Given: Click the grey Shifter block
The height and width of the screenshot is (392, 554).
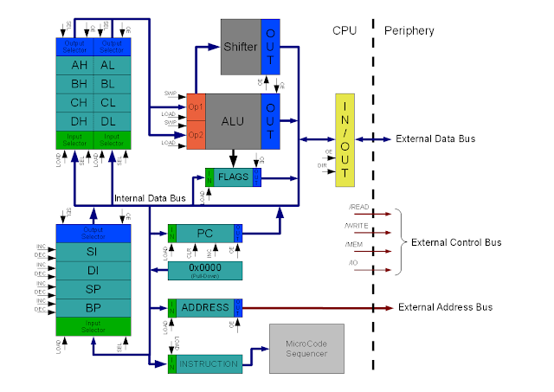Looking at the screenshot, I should pyautogui.click(x=240, y=47).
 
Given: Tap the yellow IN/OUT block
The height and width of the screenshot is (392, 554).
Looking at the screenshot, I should pyautogui.click(x=346, y=138).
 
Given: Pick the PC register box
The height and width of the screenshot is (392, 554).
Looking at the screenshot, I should pyautogui.click(x=205, y=234).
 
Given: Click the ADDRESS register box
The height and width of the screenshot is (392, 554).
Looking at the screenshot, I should pyautogui.click(x=205, y=308).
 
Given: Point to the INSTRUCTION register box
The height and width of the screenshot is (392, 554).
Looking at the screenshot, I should pyautogui.click(x=208, y=363).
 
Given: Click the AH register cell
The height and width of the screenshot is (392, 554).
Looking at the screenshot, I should pyautogui.click(x=80, y=65).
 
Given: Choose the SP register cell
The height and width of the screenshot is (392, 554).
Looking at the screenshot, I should pyautogui.click(x=92, y=289).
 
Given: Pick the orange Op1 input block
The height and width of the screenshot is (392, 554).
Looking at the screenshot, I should pyautogui.click(x=195, y=106).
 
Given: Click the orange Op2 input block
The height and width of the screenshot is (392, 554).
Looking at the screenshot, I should pyautogui.click(x=195, y=137).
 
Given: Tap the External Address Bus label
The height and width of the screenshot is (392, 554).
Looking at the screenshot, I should pyautogui.click(x=445, y=308).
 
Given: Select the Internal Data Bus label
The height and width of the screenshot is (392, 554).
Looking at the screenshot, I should pyautogui.click(x=150, y=199).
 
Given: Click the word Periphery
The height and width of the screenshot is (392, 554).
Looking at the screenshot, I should pyautogui.click(x=409, y=30).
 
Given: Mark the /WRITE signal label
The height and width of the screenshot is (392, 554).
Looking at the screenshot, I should pyautogui.click(x=356, y=227).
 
